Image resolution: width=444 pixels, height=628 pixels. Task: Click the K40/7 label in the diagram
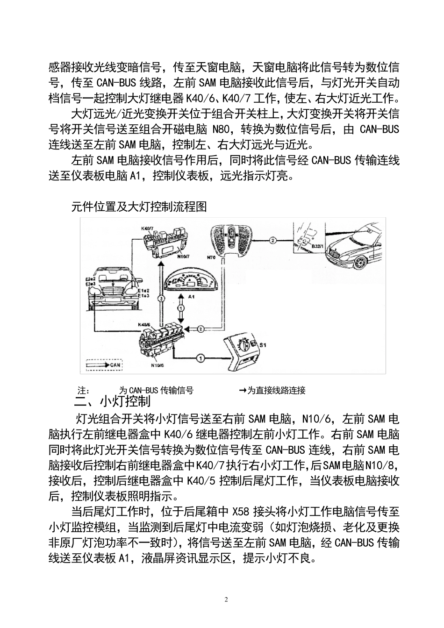point(147,228)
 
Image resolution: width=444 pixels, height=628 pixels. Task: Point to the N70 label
point(211,257)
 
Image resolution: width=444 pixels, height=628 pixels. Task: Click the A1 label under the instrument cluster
point(191,296)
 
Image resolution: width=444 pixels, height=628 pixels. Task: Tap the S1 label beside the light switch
point(263,345)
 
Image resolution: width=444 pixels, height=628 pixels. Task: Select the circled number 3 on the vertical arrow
point(160,297)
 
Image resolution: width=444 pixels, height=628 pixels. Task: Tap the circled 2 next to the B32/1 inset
point(273,240)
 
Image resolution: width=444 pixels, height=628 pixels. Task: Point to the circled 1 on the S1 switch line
point(200,358)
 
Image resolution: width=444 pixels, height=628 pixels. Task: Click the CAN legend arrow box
point(104,364)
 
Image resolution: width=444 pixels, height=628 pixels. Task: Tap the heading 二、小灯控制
point(112,401)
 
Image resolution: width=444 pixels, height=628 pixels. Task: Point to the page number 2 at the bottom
point(226,599)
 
